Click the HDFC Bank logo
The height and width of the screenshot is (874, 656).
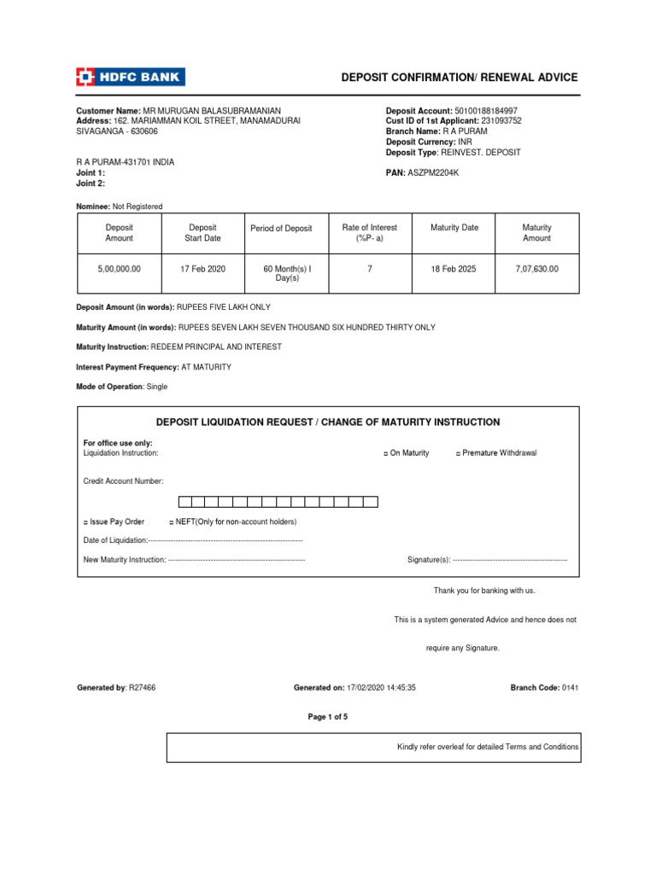coord(131,78)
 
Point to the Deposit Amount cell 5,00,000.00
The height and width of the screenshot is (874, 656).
coord(119,269)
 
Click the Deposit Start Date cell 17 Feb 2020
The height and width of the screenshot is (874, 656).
coord(202,269)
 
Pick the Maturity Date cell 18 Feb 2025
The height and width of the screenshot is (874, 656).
coord(454,269)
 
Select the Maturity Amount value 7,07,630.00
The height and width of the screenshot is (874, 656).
coord(536,269)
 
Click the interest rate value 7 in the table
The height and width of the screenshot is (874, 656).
coord(369,269)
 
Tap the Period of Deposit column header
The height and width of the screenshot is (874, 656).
coord(281,229)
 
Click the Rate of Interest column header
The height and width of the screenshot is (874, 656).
coord(369,233)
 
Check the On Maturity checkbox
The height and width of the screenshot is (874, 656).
coord(386,453)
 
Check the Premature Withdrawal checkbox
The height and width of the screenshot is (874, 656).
coord(458,453)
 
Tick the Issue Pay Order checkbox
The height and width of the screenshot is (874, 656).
coord(85,521)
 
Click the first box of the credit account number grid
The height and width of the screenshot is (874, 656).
coord(184,502)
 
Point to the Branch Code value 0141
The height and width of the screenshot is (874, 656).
coord(570,688)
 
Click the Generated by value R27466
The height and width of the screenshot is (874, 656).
coord(142,688)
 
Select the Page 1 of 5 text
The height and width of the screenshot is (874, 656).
coord(327,717)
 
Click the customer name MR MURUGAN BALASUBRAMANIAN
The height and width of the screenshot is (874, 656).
coord(211,111)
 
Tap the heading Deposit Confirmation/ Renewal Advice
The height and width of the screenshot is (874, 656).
coord(460,78)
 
